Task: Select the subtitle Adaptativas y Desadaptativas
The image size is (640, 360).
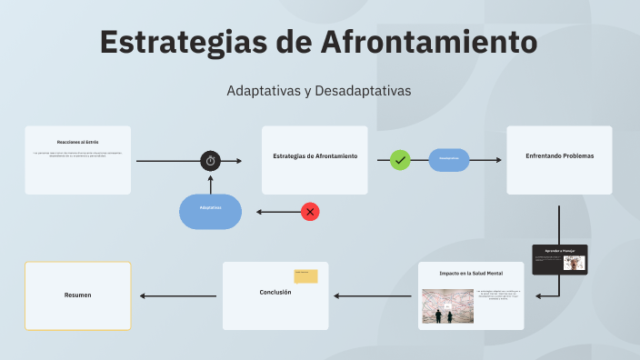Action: tap(319, 91)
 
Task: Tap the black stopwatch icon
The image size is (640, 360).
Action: tap(211, 161)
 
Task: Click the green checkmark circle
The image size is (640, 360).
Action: tap(400, 160)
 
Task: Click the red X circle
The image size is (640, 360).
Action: tap(310, 212)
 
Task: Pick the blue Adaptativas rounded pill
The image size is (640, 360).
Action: tap(210, 211)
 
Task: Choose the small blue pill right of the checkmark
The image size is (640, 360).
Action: tap(449, 160)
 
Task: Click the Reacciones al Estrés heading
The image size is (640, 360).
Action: tap(77, 142)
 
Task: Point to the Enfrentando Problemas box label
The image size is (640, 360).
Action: tap(559, 155)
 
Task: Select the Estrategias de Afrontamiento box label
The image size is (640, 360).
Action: tap(315, 155)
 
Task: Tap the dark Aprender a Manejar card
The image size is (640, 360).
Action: tap(560, 260)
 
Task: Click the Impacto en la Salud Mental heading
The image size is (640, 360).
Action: tap(471, 273)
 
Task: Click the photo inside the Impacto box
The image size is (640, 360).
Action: tap(446, 306)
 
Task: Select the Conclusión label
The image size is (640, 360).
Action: tap(275, 292)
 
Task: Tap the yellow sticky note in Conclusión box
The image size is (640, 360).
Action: tap(305, 276)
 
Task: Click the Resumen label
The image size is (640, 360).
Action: tap(77, 295)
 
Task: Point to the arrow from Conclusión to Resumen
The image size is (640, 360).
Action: tap(177, 295)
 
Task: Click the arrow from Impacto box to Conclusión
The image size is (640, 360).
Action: tap(373, 295)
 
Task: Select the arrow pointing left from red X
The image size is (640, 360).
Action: tap(277, 212)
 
